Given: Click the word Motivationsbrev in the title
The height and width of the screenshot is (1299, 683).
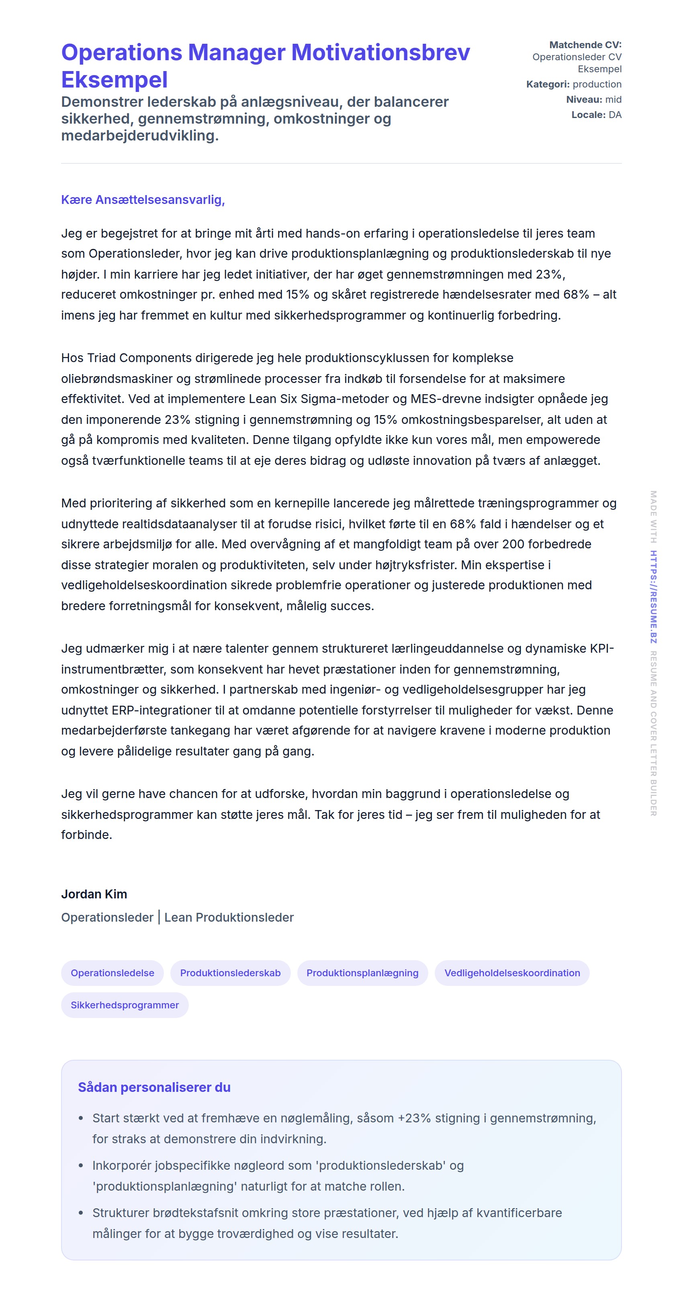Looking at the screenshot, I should (380, 53).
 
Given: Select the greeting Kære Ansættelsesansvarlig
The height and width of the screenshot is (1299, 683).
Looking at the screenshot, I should (143, 200).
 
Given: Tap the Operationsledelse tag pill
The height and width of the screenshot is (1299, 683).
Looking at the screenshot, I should (112, 973).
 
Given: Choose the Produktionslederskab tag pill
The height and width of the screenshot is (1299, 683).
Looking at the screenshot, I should (230, 973).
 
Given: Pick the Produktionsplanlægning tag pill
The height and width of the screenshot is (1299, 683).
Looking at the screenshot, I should (362, 973).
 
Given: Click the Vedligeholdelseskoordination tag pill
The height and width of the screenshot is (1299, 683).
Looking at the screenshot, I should (512, 973).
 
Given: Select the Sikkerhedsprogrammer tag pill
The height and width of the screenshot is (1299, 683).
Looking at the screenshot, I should (125, 1005).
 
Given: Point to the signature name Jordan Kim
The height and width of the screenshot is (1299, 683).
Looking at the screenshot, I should (94, 894).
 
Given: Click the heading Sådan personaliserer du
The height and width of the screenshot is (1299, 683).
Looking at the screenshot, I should (154, 1087).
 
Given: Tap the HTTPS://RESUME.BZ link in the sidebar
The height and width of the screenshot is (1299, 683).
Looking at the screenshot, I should (653, 597).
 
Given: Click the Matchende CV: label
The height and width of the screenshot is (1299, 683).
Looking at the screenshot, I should (585, 45).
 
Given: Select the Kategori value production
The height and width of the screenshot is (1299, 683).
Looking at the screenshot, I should (597, 84).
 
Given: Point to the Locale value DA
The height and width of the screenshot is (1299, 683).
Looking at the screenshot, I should (615, 115).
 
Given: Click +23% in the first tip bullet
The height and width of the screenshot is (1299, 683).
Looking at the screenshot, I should (415, 1118).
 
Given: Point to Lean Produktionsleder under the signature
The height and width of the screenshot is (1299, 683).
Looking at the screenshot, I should (229, 917).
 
